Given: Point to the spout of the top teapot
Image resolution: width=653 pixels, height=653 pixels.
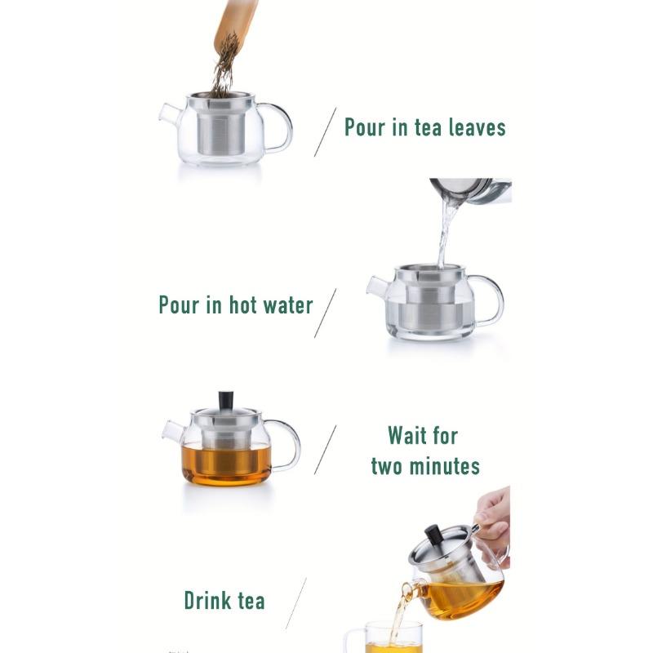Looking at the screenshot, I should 169,113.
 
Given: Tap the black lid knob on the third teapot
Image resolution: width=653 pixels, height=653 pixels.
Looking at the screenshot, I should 226,400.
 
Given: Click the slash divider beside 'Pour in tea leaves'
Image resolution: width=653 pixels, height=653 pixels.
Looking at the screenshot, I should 325,131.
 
